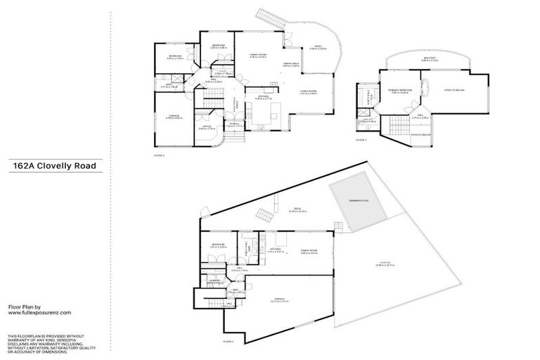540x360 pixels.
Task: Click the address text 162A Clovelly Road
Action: pos(53,167)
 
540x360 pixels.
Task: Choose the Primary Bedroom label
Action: pos(398,91)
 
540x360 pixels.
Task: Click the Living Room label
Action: pos(307,91)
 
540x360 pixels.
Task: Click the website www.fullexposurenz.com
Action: pos(39,313)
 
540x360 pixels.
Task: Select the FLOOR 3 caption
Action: pos(361,141)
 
